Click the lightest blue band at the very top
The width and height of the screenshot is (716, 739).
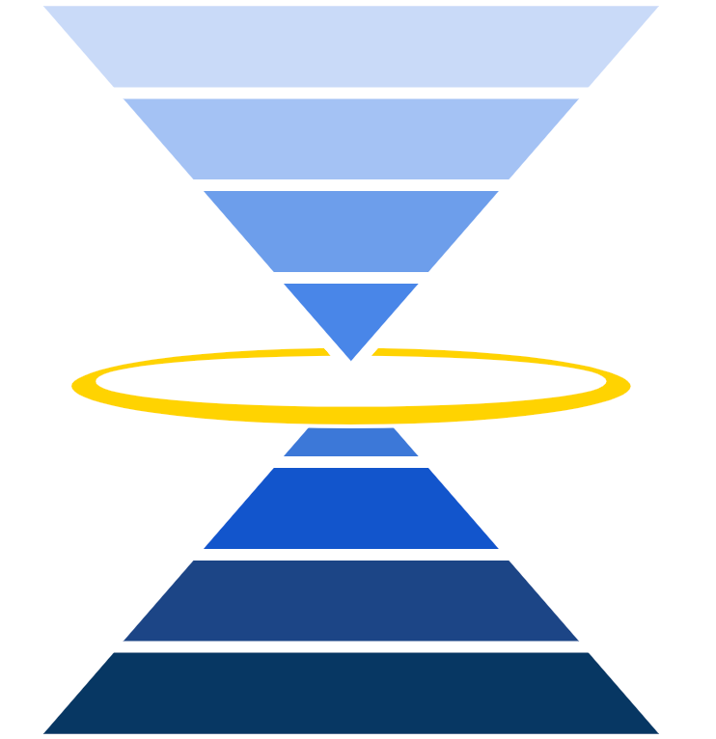pos(351,46)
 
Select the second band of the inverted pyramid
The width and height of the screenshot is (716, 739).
pos(351,138)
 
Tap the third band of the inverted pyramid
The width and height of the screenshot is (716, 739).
pos(351,231)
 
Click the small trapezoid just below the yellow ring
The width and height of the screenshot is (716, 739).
pos(351,443)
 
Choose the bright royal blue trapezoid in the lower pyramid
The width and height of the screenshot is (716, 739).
pos(351,507)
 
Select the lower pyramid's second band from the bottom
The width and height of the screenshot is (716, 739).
pos(351,600)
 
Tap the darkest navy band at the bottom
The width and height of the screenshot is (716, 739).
pos(351,692)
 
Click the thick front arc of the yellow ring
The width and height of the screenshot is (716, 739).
pos(351,415)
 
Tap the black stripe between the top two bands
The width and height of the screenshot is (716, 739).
pos(351,93)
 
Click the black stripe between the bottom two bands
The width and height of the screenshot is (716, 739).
pos(351,646)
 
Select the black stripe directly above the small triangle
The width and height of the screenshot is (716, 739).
pos(351,277)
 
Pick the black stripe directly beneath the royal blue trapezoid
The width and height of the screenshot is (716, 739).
pos(351,554)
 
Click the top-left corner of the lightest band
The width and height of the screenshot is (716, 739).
pos(44,8)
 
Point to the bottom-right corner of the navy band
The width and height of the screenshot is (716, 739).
pos(657,732)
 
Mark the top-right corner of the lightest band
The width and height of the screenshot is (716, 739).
pos(657,8)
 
